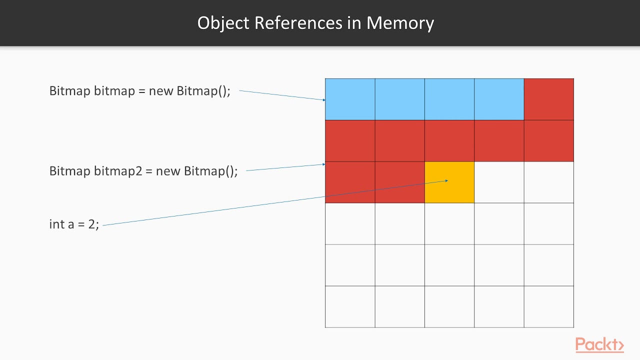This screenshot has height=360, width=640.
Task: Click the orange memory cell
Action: pyautogui.click(x=449, y=182)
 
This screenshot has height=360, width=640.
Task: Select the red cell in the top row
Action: pyautogui.click(x=548, y=99)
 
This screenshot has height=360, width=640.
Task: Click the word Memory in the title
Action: pyautogui.click(x=400, y=23)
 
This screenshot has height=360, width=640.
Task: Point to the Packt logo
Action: pyautogui.click(x=599, y=345)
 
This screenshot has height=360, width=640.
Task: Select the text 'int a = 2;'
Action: pyautogui.click(x=74, y=224)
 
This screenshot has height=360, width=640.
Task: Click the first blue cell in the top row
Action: pyautogui.click(x=350, y=99)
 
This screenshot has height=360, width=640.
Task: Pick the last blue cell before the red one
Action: pyautogui.click(x=499, y=99)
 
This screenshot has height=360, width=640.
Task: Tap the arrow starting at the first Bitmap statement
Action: pyautogui.click(x=282, y=95)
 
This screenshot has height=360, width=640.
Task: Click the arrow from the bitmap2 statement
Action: pyautogui.click(x=285, y=167)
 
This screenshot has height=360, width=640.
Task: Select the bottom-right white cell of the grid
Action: pyautogui.click(x=548, y=306)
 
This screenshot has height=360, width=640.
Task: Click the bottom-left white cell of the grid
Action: pyautogui.click(x=350, y=306)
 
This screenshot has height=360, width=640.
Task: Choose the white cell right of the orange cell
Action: pyautogui.click(x=499, y=182)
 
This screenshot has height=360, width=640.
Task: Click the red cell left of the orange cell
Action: pyautogui.click(x=399, y=182)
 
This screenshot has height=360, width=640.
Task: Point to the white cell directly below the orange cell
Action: pyautogui.click(x=449, y=223)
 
